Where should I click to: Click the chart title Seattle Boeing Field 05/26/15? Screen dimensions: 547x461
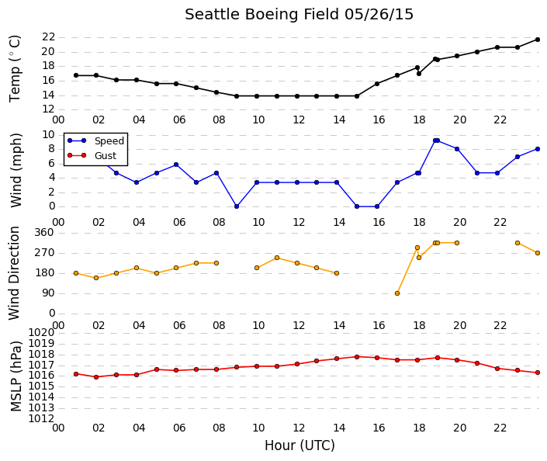(x=299, y=15)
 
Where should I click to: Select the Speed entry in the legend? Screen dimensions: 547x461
(x=109, y=141)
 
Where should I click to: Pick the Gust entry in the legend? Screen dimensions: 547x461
(x=106, y=156)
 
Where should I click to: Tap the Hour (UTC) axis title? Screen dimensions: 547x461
(x=299, y=445)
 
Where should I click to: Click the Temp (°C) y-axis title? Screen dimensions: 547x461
(x=15, y=69)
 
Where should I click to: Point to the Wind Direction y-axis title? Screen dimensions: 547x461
(x=14, y=273)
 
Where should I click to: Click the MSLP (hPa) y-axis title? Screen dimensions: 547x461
(x=16, y=376)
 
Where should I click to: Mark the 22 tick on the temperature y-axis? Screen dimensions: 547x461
(x=48, y=37)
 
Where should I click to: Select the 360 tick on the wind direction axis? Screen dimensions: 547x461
(x=44, y=233)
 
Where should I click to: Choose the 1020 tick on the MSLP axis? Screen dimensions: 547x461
(x=41, y=333)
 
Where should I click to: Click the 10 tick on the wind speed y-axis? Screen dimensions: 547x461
(x=48, y=135)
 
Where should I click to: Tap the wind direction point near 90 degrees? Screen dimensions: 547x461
(x=397, y=293)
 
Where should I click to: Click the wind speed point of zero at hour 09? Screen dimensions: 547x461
(x=237, y=206)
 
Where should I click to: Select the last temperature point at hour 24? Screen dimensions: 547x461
(x=538, y=40)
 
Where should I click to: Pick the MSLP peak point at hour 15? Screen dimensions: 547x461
(x=357, y=357)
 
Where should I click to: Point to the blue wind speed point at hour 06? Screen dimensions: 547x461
(x=176, y=165)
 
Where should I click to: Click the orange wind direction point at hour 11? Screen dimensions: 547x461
(x=277, y=258)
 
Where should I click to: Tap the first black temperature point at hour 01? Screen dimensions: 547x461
(x=76, y=75)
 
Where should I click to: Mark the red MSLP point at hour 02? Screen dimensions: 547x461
(x=96, y=377)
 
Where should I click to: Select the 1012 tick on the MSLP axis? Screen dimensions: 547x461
(x=41, y=419)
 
